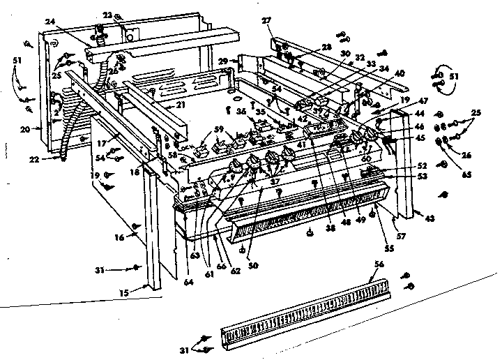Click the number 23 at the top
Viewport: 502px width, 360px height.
(x=107, y=14)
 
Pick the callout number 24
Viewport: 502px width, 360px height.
(x=50, y=22)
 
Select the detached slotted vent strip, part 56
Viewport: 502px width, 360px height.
(x=300, y=313)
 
